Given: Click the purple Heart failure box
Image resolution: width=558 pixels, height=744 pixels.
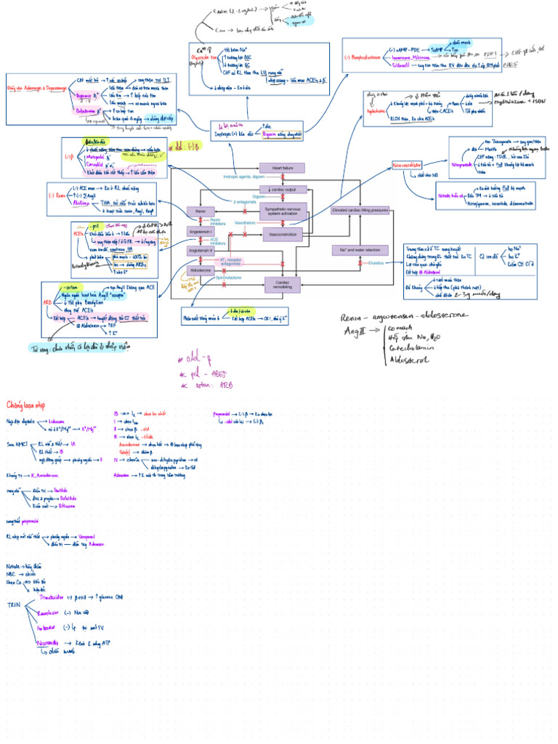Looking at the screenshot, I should tap(281, 168).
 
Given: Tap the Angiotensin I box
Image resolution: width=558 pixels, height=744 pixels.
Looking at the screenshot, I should tap(199, 231).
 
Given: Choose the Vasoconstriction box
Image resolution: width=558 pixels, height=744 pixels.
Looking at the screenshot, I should tap(281, 235).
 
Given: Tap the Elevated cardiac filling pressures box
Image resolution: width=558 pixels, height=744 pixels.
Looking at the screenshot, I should tap(360, 210).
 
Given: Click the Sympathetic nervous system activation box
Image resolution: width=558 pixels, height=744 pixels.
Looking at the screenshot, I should tap(281, 210).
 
